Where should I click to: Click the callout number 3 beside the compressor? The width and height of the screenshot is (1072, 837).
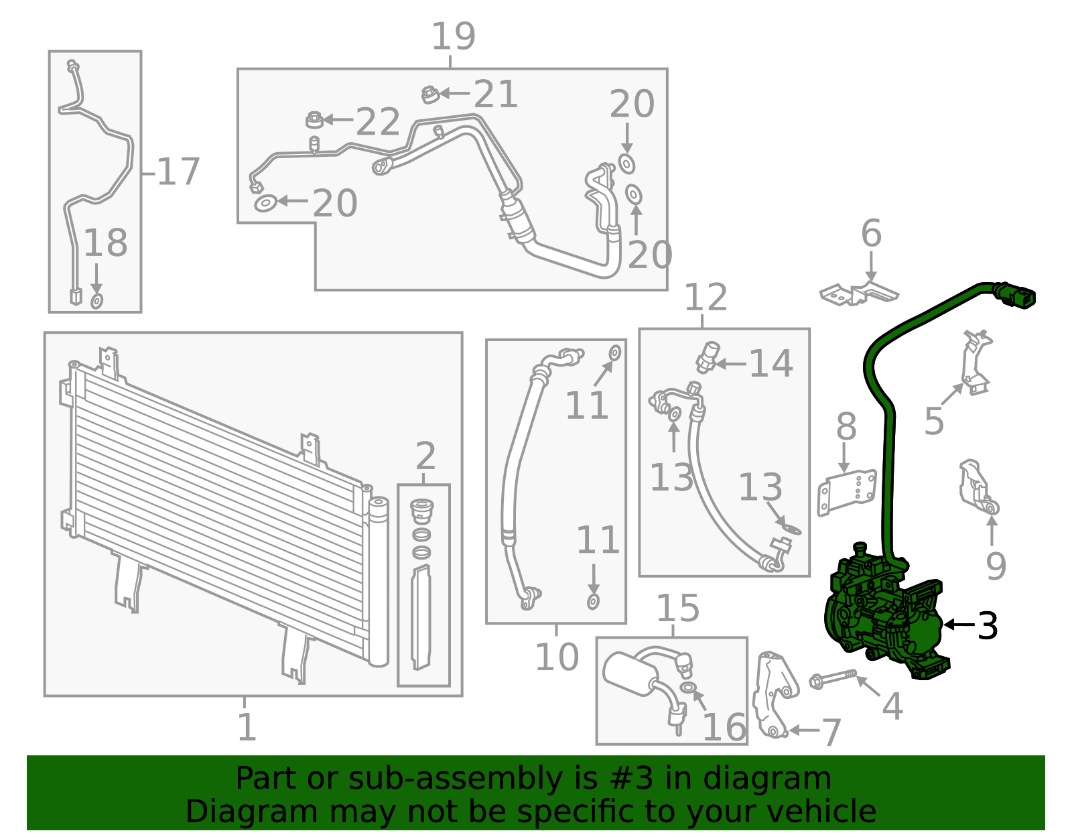click(988, 626)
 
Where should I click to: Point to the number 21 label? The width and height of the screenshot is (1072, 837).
click(496, 94)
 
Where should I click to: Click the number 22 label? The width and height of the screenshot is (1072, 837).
click(378, 123)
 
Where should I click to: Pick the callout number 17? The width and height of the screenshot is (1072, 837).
click(178, 172)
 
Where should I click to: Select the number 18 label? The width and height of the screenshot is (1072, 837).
click(105, 243)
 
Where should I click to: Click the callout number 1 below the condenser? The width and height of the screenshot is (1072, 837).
click(247, 727)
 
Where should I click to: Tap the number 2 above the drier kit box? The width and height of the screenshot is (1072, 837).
click(425, 457)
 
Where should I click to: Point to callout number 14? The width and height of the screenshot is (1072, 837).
click(770, 364)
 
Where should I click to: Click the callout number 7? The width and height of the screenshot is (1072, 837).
click(830, 732)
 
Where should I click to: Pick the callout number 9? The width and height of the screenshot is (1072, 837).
click(996, 566)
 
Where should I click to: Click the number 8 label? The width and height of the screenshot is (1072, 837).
click(846, 426)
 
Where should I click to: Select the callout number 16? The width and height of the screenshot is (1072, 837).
click(724, 727)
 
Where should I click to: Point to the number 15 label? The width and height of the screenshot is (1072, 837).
click(677, 608)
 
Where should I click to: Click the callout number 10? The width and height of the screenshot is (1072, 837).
click(557, 657)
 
